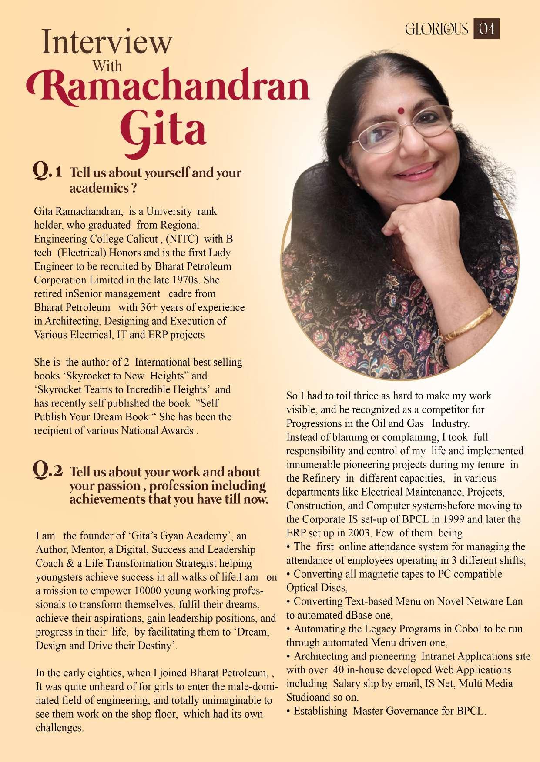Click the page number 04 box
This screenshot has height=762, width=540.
(486, 29)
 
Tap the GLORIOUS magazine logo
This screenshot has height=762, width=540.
(436, 29)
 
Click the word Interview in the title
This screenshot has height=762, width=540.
(107, 43)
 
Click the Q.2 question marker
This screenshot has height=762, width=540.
(47, 470)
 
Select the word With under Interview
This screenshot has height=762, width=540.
(107, 67)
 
